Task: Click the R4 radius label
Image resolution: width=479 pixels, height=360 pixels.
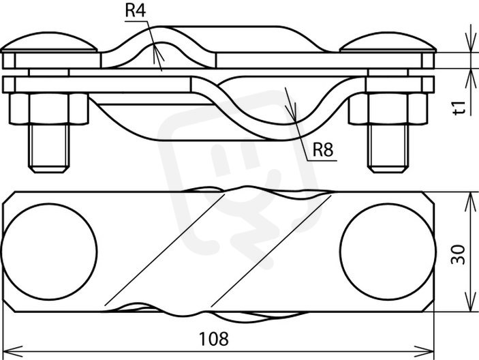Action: point(136,10)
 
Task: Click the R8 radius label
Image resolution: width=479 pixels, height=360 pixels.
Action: point(323,149)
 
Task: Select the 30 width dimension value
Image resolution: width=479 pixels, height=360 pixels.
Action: point(459,254)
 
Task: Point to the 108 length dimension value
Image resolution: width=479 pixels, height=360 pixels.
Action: point(213,339)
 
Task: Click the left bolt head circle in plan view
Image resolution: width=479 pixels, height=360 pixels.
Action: point(49,252)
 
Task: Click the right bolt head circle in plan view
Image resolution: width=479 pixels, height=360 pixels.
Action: point(388,252)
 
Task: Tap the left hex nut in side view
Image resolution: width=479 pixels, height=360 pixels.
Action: point(49,109)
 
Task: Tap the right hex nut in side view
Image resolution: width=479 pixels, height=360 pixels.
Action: point(388,109)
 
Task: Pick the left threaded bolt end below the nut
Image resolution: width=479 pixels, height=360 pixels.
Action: point(49,148)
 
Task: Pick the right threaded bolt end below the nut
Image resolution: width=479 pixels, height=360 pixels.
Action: point(388,148)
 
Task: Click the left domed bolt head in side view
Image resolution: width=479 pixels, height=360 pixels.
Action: point(49,42)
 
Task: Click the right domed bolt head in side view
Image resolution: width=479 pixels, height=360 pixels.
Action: point(388,42)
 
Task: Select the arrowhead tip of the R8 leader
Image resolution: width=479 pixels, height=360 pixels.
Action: point(296,122)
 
